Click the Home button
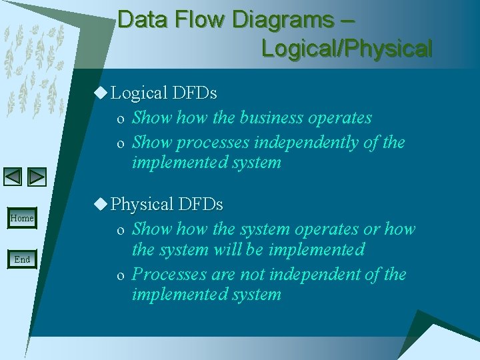[x=22, y=219]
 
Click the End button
[x=22, y=259]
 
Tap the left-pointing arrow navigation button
[x=13, y=177]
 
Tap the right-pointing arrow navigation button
[x=37, y=177]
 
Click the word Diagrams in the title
[x=283, y=20]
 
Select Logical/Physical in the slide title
[x=347, y=49]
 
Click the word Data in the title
[x=142, y=20]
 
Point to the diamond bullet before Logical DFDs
[x=100, y=93]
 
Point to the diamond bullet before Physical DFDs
[x=100, y=203]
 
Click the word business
[x=271, y=118]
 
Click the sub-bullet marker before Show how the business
[x=120, y=119]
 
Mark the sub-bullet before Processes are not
[x=120, y=275]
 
